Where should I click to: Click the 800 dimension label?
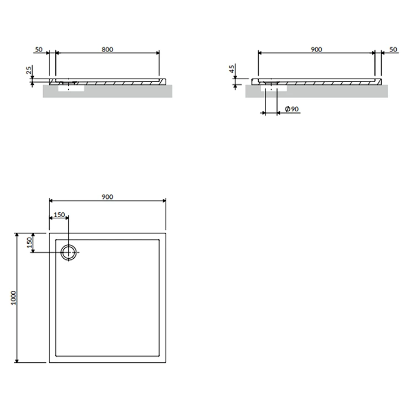(107, 49)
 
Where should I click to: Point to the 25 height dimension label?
(29, 70)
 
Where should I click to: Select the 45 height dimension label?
(232, 69)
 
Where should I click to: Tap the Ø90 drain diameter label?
(291, 109)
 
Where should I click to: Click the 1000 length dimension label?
(13, 298)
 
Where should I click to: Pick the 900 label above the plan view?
(107, 197)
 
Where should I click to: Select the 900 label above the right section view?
(316, 49)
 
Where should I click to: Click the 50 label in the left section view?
(39, 49)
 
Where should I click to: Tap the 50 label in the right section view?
(393, 49)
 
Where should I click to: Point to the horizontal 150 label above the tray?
(59, 214)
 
